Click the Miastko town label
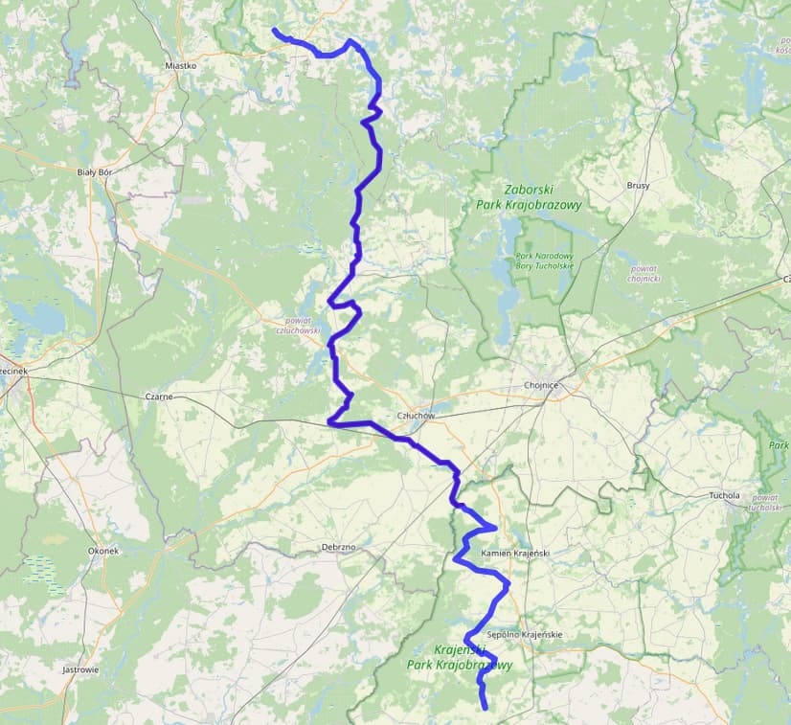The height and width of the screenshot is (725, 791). [180, 66]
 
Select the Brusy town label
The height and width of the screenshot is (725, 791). [638, 185]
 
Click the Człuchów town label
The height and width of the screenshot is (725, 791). [416, 416]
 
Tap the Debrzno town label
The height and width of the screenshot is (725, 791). [338, 547]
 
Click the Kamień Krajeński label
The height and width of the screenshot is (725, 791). [514, 554]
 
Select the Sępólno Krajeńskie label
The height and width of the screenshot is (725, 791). [524, 635]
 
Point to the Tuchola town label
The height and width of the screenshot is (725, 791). [724, 496]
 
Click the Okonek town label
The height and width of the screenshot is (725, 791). [102, 552]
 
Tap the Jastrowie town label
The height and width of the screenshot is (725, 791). [80, 669]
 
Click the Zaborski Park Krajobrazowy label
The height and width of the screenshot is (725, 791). [529, 197]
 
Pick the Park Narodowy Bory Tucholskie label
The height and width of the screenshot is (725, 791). [544, 261]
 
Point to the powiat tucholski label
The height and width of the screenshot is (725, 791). [766, 503]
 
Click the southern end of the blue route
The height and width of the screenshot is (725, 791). [485, 708]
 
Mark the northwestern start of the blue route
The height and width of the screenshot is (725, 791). [275, 31]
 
